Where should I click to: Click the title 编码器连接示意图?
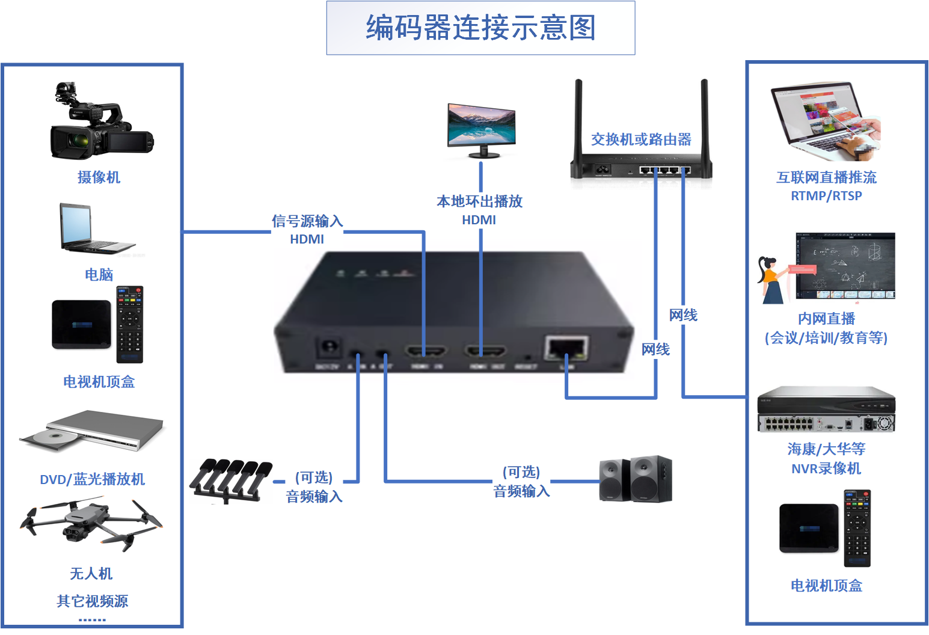480,28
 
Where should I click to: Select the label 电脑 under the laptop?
99,275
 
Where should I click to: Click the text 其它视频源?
92,601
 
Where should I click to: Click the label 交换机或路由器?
641,140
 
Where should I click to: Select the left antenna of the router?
578,120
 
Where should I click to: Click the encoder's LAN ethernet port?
566,348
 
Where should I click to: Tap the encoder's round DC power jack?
329,348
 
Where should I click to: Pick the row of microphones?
231,479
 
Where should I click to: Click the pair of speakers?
636,479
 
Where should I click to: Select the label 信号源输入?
307,221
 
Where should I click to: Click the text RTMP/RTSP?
826,196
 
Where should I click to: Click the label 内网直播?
826,319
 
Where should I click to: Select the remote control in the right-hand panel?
857,529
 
